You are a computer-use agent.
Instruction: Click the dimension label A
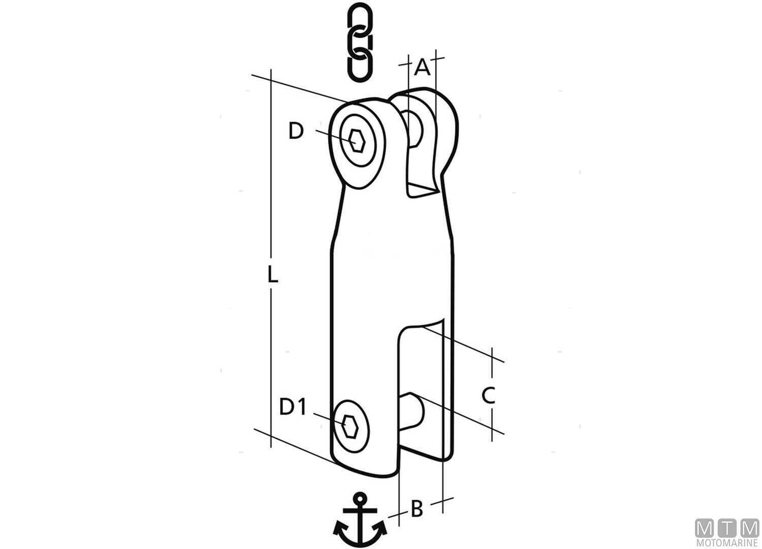coord(422,68)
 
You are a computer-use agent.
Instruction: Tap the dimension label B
coord(417,509)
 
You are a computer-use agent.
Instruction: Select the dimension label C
coord(488,395)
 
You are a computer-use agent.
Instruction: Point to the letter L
coord(273,276)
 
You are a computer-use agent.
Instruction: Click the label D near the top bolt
coord(296,131)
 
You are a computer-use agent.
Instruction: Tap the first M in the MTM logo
coord(705,528)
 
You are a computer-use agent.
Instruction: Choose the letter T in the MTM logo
coord(727,528)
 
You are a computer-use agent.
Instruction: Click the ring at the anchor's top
coord(360,499)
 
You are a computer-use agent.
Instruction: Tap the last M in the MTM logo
coord(749,528)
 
